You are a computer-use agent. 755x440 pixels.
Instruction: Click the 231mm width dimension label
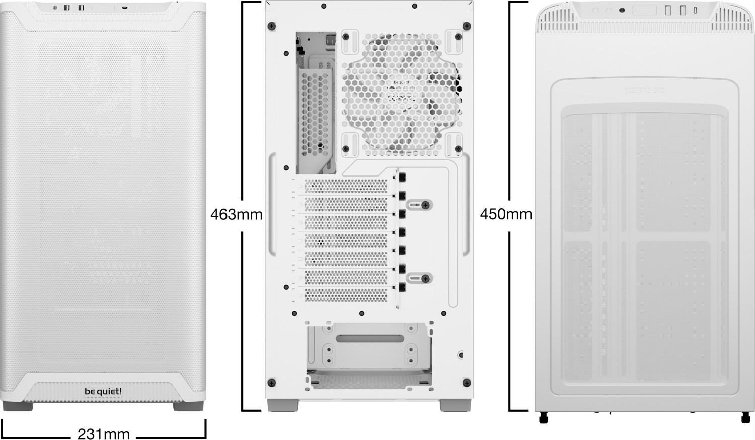[x=104, y=433]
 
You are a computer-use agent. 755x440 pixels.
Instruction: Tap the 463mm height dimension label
[x=237, y=215]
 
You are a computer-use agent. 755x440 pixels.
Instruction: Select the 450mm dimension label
[x=506, y=214]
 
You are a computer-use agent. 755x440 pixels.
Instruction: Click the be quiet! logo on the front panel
[x=103, y=391]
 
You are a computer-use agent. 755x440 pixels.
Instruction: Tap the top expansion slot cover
[x=346, y=186]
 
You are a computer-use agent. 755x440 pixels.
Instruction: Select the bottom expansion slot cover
[x=346, y=294]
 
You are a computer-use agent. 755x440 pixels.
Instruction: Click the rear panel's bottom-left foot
[x=282, y=405]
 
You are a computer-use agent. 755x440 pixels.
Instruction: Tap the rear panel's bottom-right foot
[x=455, y=405]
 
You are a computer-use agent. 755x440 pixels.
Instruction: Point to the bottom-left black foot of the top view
[x=543, y=417]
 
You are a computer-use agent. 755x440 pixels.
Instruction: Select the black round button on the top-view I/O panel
[x=622, y=10]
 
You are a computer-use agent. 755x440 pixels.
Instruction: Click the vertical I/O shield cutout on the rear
[x=316, y=103]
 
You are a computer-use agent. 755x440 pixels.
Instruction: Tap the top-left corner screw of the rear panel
[x=272, y=25]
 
